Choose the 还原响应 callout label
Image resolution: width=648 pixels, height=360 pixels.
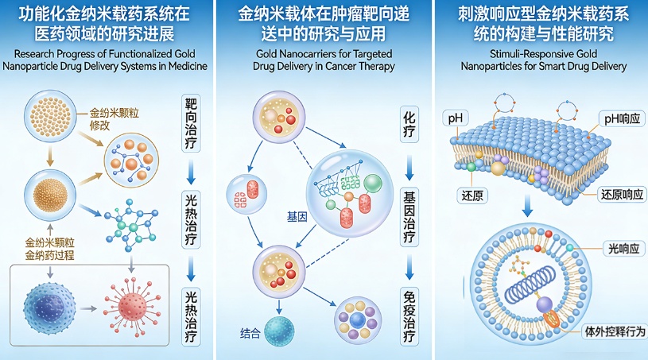pyautogui.click(x=618, y=194)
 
